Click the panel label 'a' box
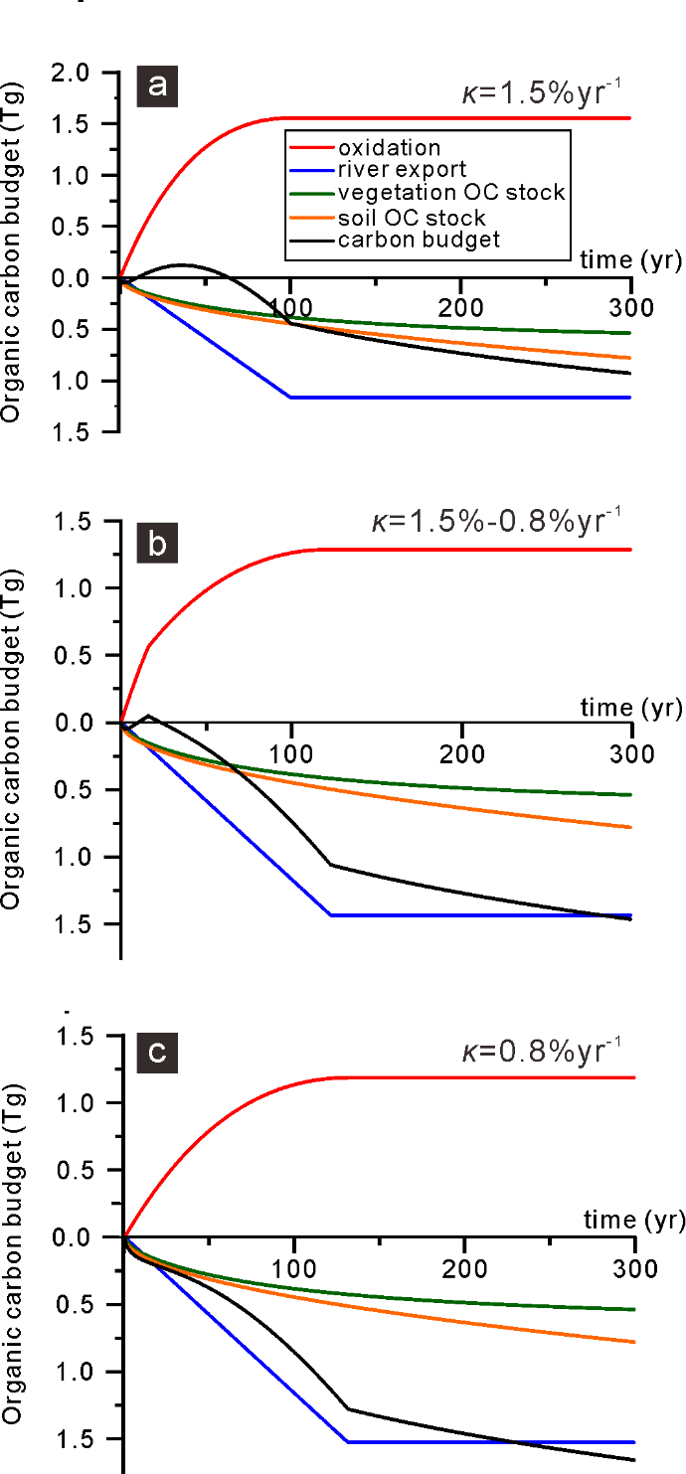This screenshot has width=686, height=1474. (x=157, y=88)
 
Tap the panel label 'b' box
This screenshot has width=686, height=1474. (x=157, y=545)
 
